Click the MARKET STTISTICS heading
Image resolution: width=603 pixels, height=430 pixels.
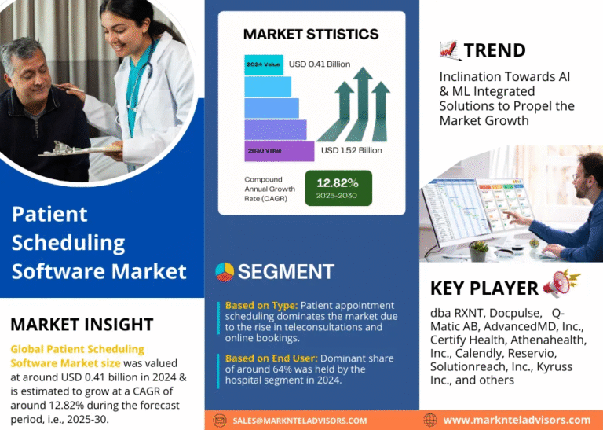(311, 35)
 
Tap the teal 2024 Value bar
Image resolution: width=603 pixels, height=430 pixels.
(264, 64)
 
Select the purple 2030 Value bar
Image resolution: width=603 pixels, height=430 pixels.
(280, 151)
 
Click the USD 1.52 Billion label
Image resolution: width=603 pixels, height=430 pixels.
(352, 150)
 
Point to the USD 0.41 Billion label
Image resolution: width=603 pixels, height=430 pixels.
(320, 64)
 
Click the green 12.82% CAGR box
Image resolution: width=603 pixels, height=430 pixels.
(338, 188)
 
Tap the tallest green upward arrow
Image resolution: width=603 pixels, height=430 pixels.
(360, 105)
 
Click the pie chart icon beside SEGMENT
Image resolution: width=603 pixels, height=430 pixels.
(225, 272)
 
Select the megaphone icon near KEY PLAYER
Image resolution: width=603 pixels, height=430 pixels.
(561, 284)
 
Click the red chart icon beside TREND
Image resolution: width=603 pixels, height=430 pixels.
(450, 51)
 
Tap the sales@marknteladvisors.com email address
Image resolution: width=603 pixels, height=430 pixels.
(300, 421)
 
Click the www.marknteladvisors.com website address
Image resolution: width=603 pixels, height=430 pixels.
(517, 420)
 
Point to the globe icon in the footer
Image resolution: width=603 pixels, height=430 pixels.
(430, 420)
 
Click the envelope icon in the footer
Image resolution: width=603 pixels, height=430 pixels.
(220, 421)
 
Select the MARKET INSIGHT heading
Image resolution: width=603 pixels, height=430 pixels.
(82, 324)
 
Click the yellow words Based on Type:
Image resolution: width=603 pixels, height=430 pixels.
(261, 306)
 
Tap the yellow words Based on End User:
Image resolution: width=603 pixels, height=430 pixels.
(272, 358)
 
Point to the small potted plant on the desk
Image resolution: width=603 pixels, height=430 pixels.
(479, 252)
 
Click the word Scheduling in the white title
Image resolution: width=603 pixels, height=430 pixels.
(68, 243)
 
